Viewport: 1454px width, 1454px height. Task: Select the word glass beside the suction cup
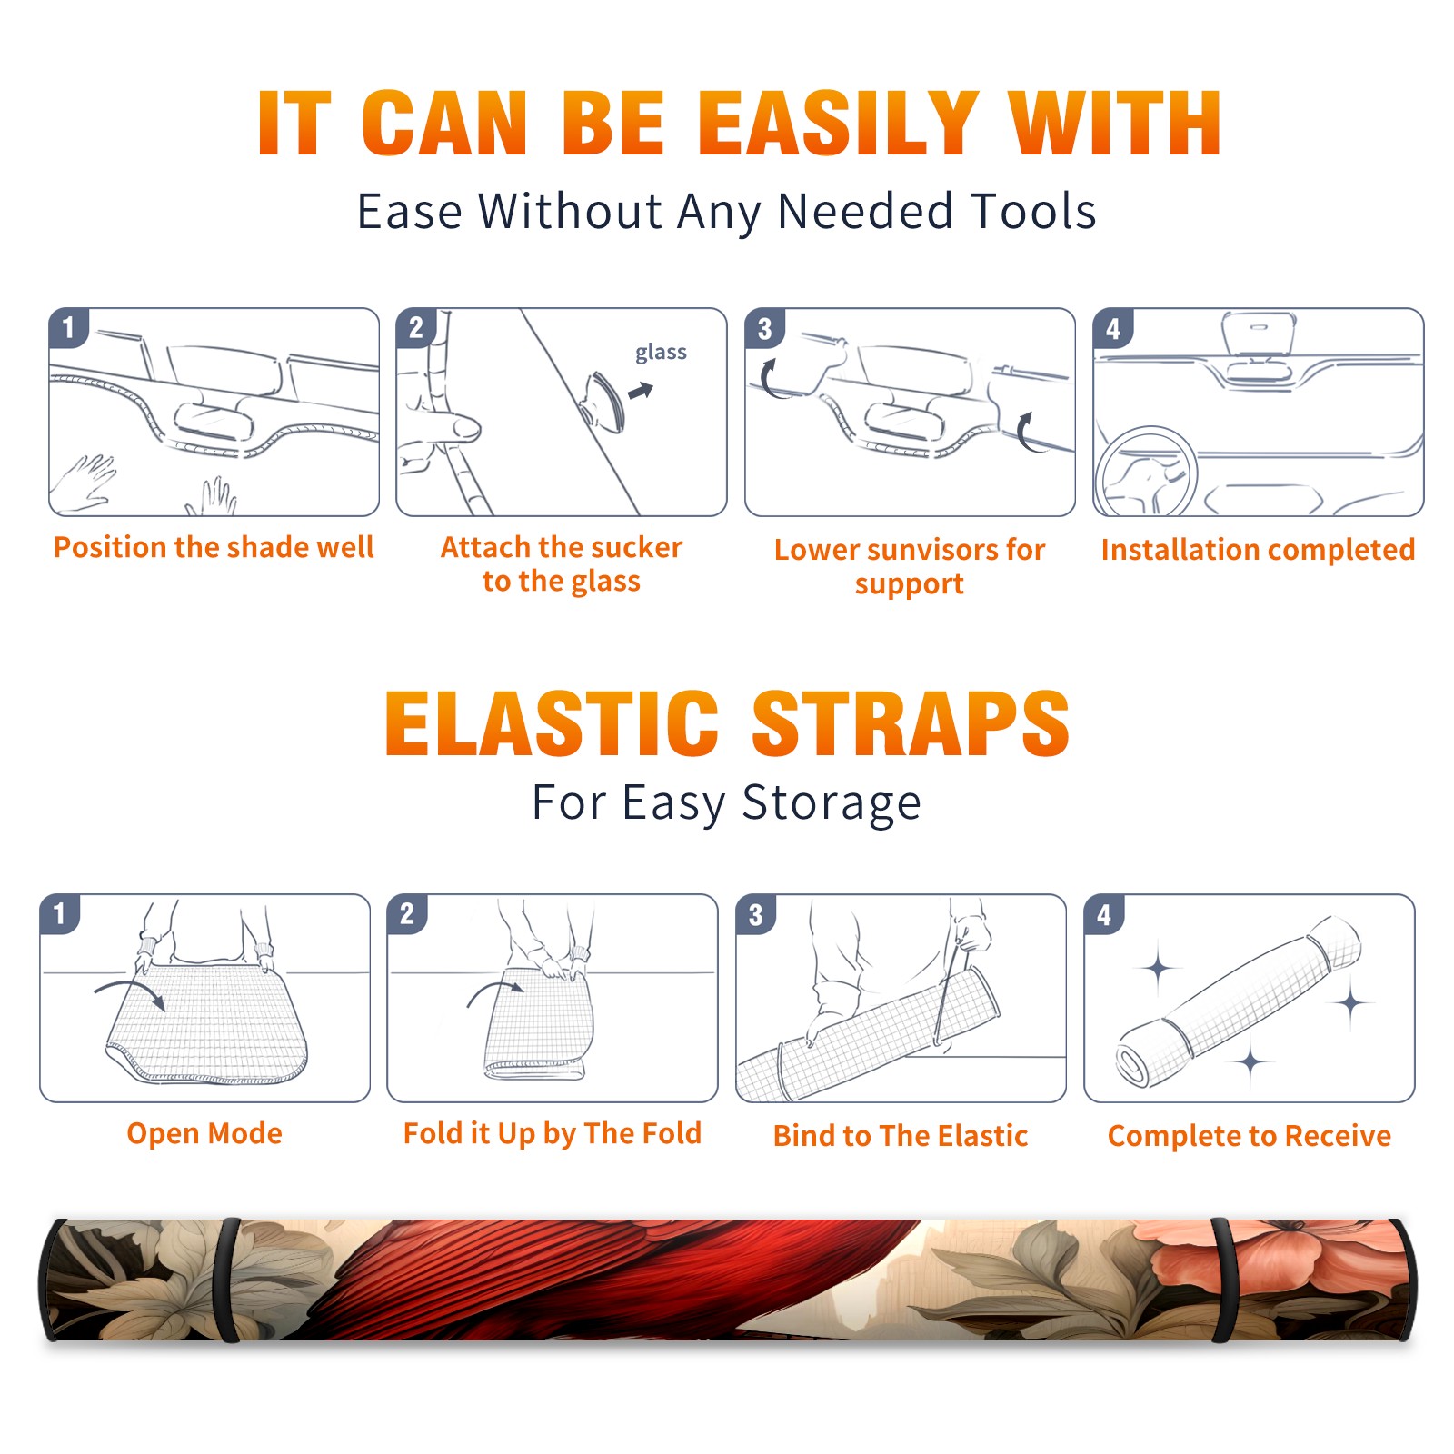click(x=661, y=353)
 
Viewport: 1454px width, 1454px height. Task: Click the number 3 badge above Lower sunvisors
click(x=764, y=328)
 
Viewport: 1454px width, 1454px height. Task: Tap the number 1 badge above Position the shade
click(x=68, y=327)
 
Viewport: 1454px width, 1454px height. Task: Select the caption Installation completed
click(x=1258, y=550)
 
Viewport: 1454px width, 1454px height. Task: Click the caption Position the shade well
click(x=214, y=547)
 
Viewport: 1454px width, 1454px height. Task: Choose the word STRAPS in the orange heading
click(x=911, y=723)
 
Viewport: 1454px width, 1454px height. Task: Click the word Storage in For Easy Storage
click(x=832, y=803)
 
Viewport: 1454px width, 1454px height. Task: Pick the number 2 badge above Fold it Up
click(x=407, y=913)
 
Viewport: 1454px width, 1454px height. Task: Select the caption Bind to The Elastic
click(x=901, y=1136)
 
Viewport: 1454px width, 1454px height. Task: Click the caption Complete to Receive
click(x=1250, y=1136)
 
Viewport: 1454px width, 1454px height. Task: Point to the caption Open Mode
click(x=204, y=1133)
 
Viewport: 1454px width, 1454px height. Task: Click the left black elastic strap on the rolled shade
click(x=227, y=1280)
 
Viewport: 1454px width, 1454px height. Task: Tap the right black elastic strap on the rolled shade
click(x=1225, y=1280)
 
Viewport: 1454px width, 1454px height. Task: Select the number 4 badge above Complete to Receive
click(x=1104, y=914)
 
